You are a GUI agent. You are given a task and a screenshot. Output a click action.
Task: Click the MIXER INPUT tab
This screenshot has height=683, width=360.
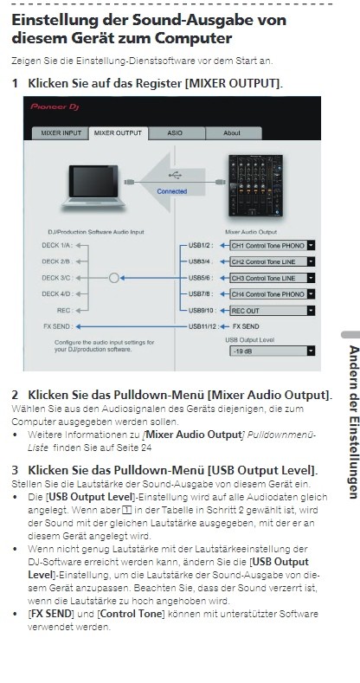(x=61, y=133)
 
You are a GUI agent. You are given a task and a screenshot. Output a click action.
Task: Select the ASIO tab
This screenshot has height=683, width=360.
(x=175, y=133)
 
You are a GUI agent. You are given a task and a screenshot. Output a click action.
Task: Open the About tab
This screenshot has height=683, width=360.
(x=232, y=133)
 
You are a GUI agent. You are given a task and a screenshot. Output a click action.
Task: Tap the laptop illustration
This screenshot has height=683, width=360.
(x=93, y=185)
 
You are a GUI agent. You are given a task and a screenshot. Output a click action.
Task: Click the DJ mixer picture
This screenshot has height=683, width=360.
(x=255, y=185)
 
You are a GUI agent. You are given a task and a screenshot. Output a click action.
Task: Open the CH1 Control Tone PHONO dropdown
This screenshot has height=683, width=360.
(x=272, y=246)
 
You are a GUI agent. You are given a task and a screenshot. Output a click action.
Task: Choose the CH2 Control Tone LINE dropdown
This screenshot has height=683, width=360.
(x=272, y=261)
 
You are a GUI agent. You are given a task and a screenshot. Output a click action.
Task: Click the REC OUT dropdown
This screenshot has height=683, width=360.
(x=272, y=311)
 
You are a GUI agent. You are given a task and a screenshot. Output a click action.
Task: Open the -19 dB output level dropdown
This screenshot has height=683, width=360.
(x=272, y=351)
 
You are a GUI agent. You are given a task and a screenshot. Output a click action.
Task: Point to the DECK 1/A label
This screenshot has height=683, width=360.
(x=57, y=246)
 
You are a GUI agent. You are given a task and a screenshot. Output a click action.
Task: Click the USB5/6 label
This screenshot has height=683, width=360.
(x=201, y=278)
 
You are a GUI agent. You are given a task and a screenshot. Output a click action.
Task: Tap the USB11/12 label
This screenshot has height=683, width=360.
(x=202, y=326)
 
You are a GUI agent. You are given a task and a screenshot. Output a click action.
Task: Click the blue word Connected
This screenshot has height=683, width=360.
(x=172, y=191)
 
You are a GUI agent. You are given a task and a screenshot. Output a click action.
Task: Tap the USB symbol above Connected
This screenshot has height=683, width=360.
(x=175, y=176)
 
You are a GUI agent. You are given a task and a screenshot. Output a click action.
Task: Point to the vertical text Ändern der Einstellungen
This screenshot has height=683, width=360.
(x=353, y=422)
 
